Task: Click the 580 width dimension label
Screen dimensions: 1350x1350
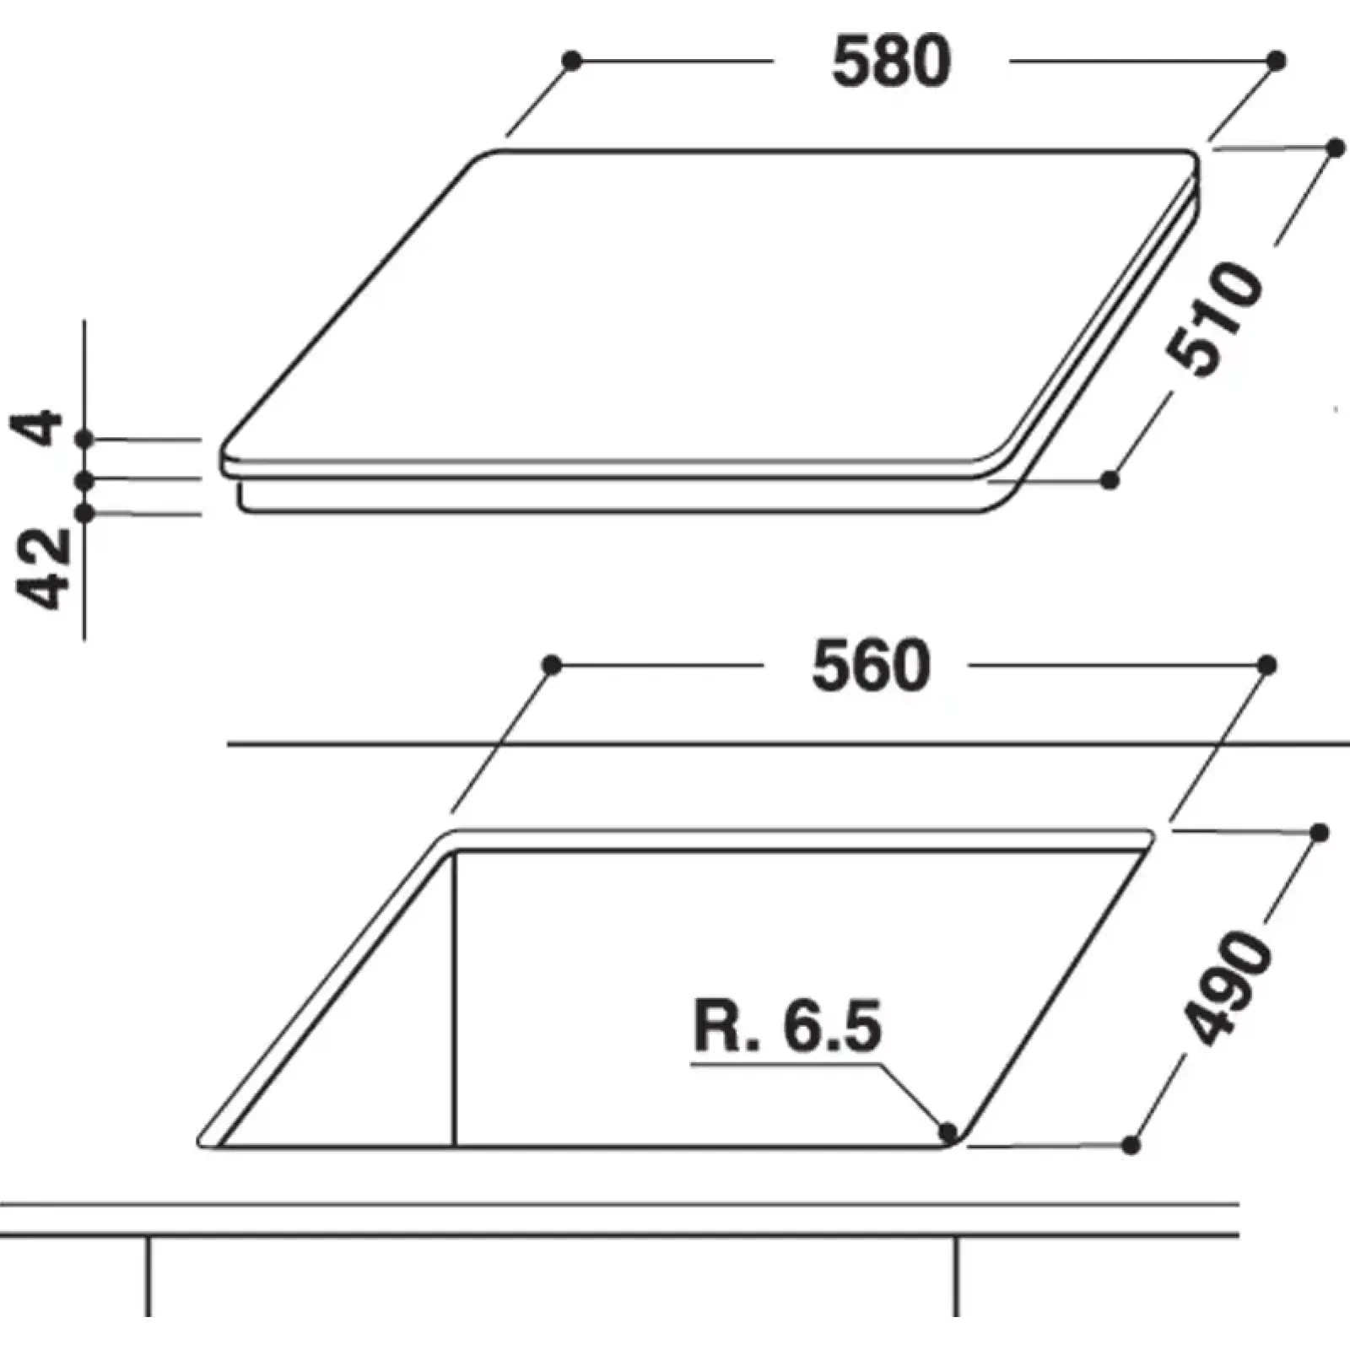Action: (891, 61)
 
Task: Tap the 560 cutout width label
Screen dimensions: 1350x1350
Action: (871, 667)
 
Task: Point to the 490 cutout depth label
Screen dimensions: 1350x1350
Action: (1228, 987)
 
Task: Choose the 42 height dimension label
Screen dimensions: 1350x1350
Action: (44, 569)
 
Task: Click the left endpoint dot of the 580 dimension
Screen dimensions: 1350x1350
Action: (572, 61)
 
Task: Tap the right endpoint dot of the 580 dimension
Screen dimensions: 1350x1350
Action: (1277, 61)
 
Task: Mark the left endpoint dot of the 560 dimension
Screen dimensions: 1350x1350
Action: (552, 666)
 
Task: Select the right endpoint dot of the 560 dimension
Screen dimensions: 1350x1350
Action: (1266, 666)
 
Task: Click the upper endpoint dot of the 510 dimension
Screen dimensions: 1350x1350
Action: (1336, 148)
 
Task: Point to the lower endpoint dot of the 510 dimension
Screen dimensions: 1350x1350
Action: (1110, 480)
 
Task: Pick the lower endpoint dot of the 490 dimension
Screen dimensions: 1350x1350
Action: (1132, 1145)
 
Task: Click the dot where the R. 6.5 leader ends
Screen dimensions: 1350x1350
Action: (948, 1131)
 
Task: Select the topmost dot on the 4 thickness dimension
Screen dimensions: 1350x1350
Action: (84, 440)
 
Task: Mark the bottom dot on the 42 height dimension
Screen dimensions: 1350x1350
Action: (84, 513)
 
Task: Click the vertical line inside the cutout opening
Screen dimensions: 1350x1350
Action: (454, 1000)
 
